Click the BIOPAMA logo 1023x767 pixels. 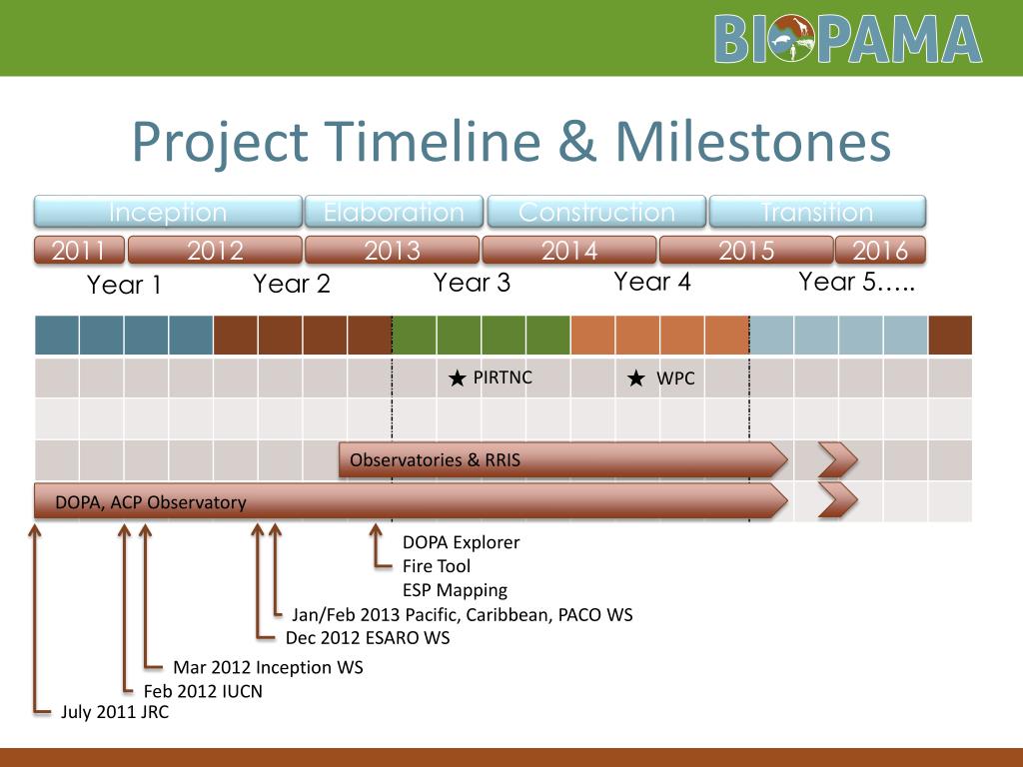(x=847, y=39)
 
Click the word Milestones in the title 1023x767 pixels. (x=753, y=142)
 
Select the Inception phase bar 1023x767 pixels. (x=168, y=212)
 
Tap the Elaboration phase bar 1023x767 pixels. (x=394, y=212)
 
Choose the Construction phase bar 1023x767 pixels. (x=596, y=212)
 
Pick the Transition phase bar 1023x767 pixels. (x=817, y=212)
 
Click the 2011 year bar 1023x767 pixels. (x=79, y=250)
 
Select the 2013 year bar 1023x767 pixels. (x=392, y=250)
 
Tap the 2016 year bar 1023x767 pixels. (x=880, y=250)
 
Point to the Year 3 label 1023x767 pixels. (x=472, y=283)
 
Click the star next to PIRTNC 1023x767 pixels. (x=458, y=378)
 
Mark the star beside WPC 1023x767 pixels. (x=636, y=378)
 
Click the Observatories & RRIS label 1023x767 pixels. (x=436, y=459)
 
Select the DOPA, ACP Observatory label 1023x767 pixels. (x=151, y=502)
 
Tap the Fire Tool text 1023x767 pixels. (x=437, y=566)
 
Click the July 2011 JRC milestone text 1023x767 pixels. (x=115, y=711)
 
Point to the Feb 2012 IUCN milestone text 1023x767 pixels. (x=203, y=691)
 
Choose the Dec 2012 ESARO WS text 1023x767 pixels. (x=368, y=637)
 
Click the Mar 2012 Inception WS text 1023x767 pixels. (x=268, y=667)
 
